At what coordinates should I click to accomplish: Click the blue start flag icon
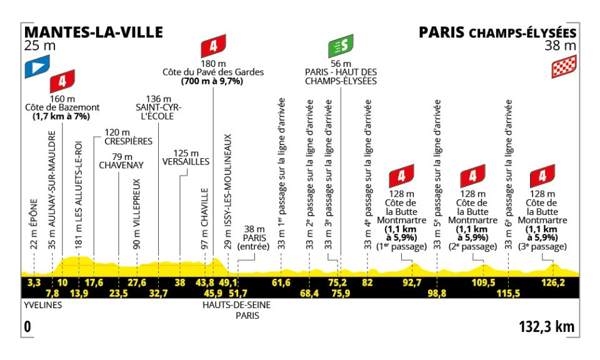(x=36, y=68)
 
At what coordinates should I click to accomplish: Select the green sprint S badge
(x=341, y=47)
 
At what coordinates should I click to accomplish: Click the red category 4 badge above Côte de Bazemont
(x=63, y=80)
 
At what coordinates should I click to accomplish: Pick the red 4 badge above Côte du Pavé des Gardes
(x=213, y=47)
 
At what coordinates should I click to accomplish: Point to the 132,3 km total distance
(x=546, y=327)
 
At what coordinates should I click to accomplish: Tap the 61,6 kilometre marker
(x=281, y=282)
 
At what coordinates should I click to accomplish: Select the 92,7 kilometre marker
(x=412, y=282)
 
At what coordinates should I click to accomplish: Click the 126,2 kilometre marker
(x=552, y=282)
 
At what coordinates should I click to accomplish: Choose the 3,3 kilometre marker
(x=34, y=282)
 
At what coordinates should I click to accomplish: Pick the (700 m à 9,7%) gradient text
(x=212, y=82)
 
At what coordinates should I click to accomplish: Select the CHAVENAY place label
(x=121, y=165)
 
